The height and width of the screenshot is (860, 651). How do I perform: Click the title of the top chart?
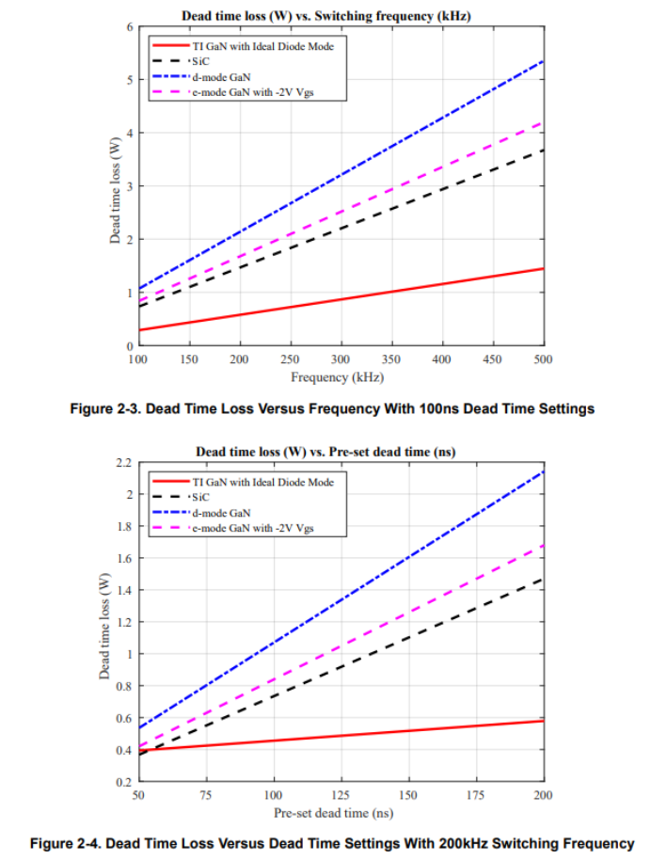tap(325, 16)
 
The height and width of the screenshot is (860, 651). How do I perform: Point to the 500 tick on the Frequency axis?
tap(543, 359)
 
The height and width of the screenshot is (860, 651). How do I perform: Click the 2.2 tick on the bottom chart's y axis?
tap(123, 463)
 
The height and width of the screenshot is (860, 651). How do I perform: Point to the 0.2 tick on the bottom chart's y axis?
tap(123, 782)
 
